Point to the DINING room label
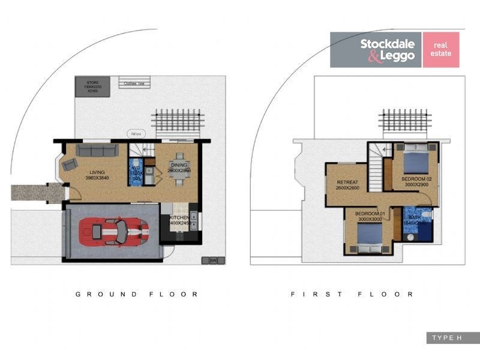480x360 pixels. [179, 165]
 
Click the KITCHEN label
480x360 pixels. [179, 217]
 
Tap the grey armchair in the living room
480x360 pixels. [68, 164]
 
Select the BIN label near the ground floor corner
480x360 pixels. [212, 260]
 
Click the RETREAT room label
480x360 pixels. [347, 182]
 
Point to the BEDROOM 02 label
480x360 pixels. [416, 179]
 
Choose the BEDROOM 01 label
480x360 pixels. [369, 214]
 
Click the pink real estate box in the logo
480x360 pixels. [441, 49]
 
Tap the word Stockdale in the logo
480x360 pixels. [386, 43]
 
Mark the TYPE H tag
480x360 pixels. [447, 338]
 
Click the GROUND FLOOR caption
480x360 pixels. [137, 294]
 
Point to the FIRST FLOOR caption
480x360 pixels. [352, 294]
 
